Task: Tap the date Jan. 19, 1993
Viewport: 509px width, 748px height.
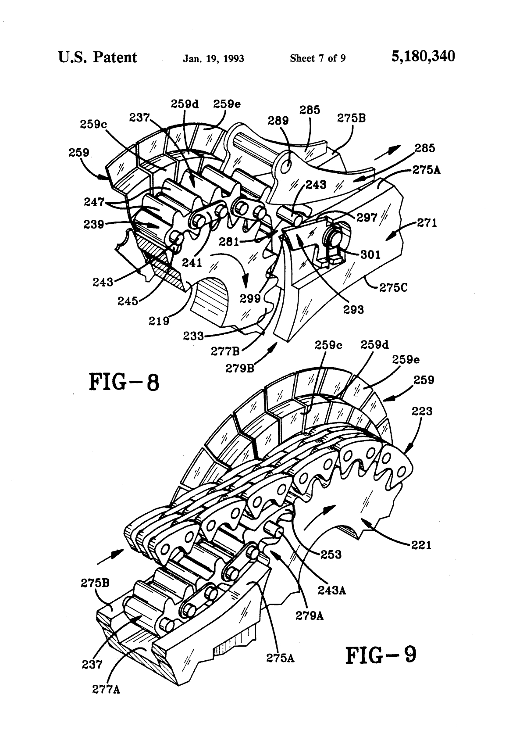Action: [x=213, y=58]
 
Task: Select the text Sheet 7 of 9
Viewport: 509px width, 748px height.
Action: [x=317, y=58]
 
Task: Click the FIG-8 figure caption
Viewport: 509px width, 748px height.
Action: [x=124, y=381]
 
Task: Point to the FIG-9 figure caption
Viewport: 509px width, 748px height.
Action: [x=380, y=655]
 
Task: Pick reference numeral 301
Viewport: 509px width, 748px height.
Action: [x=371, y=254]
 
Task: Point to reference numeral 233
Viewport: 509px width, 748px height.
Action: [x=194, y=336]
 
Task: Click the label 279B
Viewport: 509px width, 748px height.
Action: [x=240, y=368]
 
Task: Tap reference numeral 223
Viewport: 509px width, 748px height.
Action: [x=422, y=411]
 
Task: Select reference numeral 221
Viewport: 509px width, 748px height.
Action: [x=421, y=545]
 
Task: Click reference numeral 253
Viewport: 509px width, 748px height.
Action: [x=331, y=555]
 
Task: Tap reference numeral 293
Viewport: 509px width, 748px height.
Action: [x=353, y=309]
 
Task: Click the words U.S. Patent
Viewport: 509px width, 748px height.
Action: [x=97, y=57]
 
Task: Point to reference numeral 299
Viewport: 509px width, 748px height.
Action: [x=250, y=299]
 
